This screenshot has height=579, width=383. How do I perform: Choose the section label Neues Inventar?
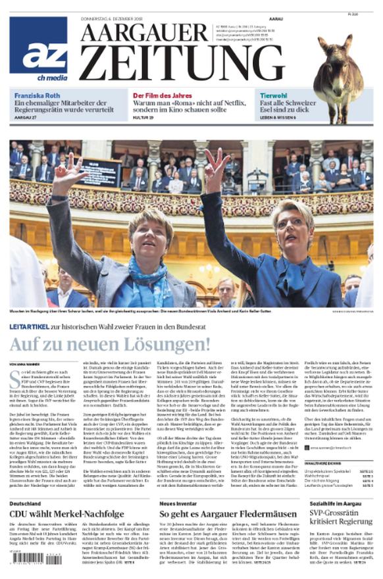[182, 503]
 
